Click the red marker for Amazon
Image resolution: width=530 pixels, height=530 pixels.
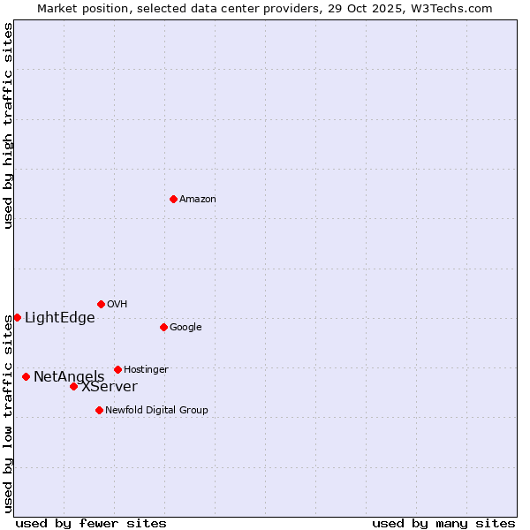point(173,199)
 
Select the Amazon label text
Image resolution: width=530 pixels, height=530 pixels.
point(198,200)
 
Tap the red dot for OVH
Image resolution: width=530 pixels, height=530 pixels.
point(101,304)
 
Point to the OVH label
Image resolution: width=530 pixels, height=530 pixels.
point(117,305)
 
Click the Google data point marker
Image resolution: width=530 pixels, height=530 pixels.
point(163,327)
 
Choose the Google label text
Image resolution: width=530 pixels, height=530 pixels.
point(185,328)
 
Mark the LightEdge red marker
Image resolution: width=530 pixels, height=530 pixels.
point(17,317)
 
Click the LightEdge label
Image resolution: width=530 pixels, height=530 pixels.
point(59,318)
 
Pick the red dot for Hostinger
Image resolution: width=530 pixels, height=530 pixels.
point(117,369)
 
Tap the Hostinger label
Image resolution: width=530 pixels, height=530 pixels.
point(146,370)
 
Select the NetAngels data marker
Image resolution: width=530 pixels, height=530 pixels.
point(26,376)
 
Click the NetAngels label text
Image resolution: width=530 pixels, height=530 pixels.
point(69,377)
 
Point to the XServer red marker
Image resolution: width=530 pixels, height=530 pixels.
point(73,386)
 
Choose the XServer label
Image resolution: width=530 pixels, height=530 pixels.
point(110,387)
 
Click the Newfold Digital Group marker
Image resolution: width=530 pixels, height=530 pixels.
point(99,410)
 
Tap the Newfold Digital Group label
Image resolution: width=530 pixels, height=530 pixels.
point(156,411)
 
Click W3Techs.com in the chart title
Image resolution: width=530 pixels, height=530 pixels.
point(461,9)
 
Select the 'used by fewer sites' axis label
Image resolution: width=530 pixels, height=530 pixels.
point(91,524)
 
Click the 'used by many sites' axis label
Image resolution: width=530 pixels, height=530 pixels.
point(443,524)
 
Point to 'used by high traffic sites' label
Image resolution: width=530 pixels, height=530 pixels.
point(8,125)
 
